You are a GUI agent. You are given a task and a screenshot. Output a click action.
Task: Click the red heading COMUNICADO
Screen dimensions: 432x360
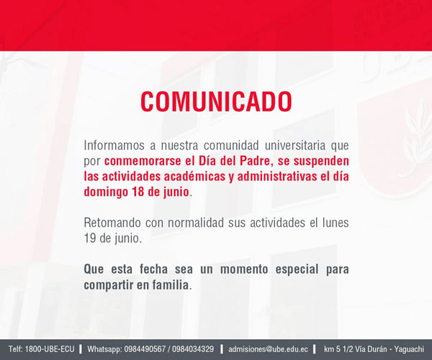coord(216,102)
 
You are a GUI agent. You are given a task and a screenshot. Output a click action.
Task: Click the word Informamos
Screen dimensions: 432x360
coord(114,145)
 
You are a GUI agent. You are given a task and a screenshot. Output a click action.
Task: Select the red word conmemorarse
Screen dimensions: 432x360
coord(143,161)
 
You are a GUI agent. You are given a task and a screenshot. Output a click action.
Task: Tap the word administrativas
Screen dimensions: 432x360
coord(277,176)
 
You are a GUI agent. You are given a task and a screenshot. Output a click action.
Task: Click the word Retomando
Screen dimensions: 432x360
coord(112,222)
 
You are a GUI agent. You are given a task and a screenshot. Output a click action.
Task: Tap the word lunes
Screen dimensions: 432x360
coord(336,222)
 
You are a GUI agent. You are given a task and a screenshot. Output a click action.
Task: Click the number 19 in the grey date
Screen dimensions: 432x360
coord(89,238)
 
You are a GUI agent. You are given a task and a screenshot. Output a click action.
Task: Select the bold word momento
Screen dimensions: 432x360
coord(244,269)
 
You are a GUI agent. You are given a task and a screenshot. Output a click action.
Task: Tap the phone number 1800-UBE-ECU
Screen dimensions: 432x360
coord(50,349)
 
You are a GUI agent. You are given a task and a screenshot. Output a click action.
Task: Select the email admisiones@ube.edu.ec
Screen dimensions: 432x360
coord(268,349)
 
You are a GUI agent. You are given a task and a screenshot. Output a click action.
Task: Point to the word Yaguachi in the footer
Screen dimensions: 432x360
coord(409,349)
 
